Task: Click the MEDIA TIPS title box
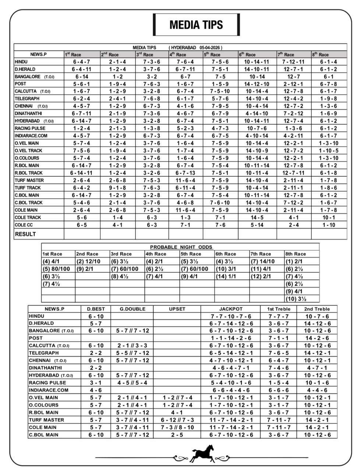click(196, 25)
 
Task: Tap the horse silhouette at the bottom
click(202, 453)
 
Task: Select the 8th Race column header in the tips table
click(321, 54)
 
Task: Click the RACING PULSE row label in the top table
click(30, 128)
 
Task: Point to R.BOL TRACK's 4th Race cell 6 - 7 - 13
click(186, 173)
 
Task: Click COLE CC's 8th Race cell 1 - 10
click(329, 225)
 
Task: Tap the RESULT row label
click(25, 234)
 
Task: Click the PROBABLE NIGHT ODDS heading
click(181, 247)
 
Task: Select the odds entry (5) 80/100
click(56, 269)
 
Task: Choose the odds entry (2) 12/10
click(88, 262)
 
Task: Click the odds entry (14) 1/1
click(226, 276)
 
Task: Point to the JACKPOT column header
click(231, 309)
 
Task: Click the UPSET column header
click(177, 309)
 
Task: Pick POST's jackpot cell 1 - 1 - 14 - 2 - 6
click(231, 338)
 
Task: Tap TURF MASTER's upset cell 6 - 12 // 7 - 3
click(177, 420)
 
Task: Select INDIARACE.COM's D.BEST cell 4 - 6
click(96, 390)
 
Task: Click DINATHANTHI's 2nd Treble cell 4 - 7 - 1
click(317, 368)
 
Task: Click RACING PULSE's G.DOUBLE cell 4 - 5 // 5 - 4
click(132, 383)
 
